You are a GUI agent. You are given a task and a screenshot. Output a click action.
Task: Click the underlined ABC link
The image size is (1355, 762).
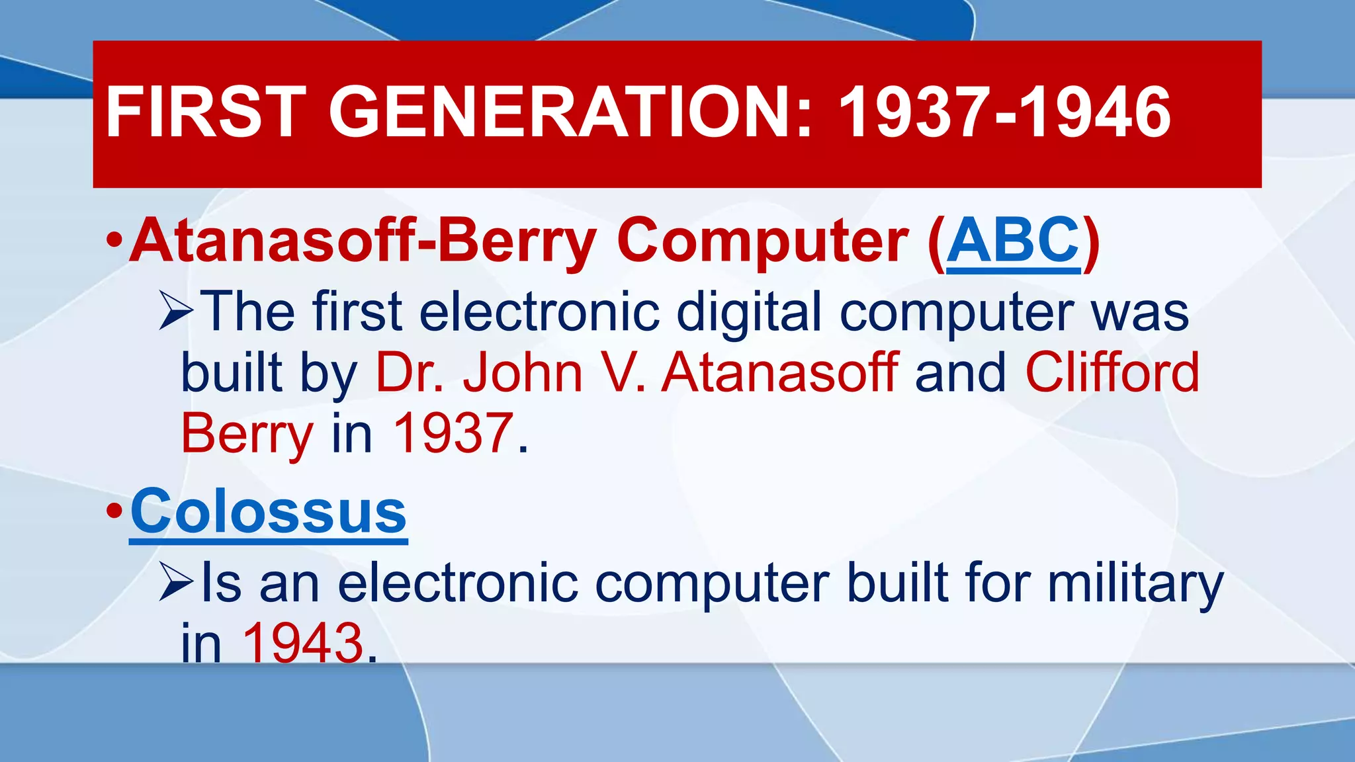1014,241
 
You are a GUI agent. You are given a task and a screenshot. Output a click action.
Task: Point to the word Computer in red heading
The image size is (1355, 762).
762,242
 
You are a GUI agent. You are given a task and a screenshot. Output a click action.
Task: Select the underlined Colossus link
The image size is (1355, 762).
269,512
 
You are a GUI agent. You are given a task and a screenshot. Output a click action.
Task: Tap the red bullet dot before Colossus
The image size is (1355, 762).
114,511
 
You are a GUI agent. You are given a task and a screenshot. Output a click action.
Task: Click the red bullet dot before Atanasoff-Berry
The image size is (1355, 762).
114,240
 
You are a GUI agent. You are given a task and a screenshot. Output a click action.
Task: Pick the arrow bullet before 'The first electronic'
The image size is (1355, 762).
176,311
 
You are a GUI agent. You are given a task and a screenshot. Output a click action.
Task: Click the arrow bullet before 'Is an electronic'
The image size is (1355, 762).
176,582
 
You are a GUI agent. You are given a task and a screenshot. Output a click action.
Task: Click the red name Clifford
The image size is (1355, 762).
1112,372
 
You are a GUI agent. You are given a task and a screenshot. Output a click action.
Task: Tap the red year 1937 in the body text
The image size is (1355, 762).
453,433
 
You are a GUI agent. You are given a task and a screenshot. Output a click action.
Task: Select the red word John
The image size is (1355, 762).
523,372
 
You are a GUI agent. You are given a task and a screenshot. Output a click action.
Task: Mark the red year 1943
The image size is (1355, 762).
303,643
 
